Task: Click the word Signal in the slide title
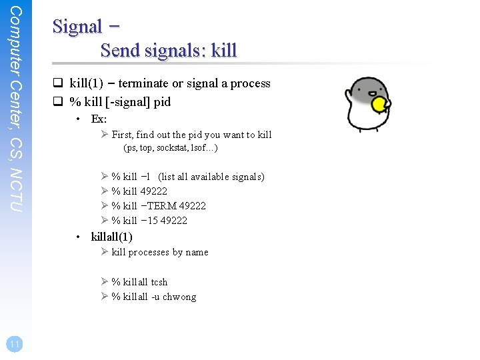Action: click(77, 27)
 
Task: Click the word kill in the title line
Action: click(225, 50)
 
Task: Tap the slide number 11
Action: click(14, 344)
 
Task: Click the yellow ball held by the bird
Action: click(380, 105)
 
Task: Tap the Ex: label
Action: click(99, 119)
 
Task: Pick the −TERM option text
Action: click(159, 206)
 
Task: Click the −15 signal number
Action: click(150, 221)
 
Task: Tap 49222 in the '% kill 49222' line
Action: click(154, 191)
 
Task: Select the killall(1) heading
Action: click(111, 237)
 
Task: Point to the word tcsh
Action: click(159, 282)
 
